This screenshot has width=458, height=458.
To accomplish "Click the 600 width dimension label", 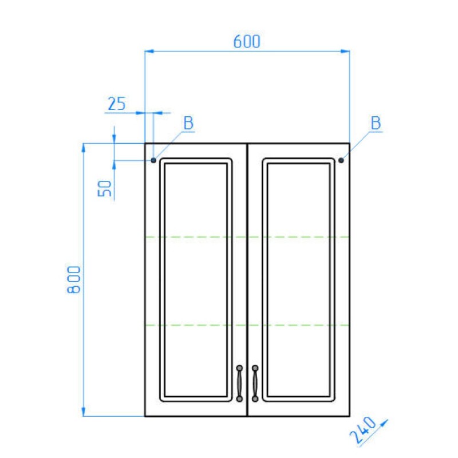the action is [x=247, y=41].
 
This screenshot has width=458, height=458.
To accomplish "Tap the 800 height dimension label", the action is [x=74, y=279].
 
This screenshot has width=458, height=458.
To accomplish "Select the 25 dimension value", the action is [x=117, y=104].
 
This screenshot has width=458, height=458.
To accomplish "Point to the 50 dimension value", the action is [x=105, y=188].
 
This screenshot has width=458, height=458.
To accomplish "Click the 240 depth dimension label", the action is [x=363, y=430].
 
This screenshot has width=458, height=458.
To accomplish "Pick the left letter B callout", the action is [x=188, y=123].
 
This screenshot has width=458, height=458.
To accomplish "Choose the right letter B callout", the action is [x=376, y=123].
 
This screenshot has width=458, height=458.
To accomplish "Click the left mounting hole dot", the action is [x=153, y=160].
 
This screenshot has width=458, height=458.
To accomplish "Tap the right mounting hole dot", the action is [x=341, y=160].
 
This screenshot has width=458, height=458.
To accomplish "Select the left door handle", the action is [x=239, y=383].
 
